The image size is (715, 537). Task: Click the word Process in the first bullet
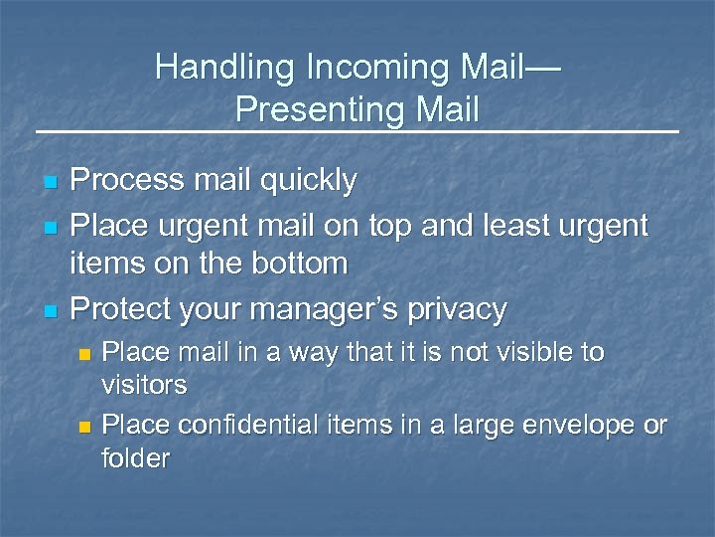coord(124,180)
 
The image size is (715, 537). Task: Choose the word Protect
coord(123,309)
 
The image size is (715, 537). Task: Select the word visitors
coord(145,385)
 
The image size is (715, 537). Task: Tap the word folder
coord(136,458)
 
